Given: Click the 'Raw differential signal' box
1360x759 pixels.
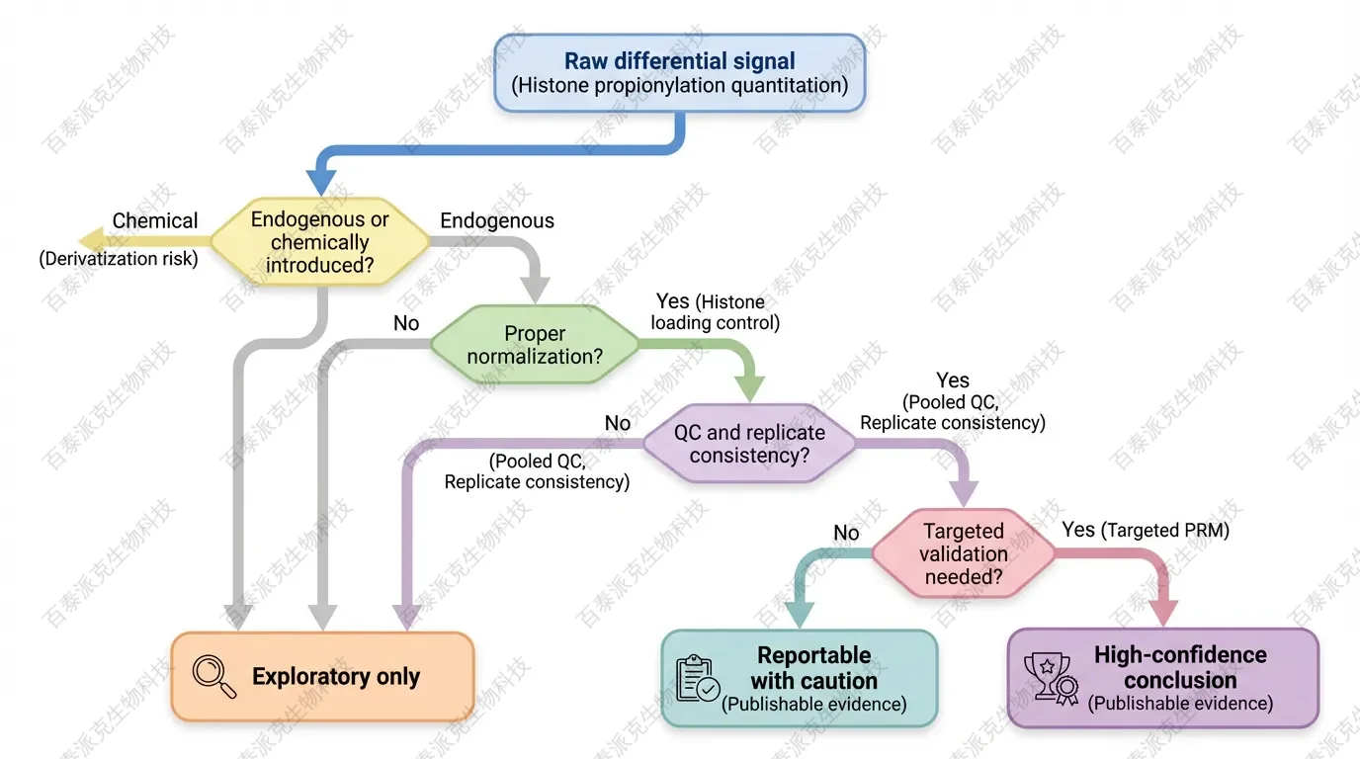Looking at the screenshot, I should (x=679, y=72).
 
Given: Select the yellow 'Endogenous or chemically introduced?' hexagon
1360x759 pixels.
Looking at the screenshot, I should (x=319, y=242).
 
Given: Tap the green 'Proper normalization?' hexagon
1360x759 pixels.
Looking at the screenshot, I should (x=535, y=344).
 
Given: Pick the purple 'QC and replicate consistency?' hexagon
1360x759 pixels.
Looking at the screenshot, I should (x=749, y=444).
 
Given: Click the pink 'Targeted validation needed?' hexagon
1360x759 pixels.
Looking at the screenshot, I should (x=964, y=553).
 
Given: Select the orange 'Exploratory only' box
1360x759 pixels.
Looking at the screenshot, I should (x=322, y=677).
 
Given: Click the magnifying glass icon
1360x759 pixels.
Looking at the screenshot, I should (x=214, y=677).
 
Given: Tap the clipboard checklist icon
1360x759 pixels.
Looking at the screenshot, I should (x=698, y=679).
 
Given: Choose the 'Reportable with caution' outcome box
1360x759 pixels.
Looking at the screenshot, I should (x=799, y=679).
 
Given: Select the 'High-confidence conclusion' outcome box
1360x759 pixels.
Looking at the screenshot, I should (x=1162, y=679).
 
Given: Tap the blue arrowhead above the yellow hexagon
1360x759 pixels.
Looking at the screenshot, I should (x=321, y=183).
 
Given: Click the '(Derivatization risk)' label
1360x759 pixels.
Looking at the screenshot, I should (x=119, y=259).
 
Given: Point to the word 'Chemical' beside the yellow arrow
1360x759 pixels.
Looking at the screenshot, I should (x=155, y=220).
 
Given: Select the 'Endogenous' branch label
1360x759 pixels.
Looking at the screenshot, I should (x=497, y=220).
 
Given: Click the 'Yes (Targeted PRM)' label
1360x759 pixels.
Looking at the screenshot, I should (x=1146, y=531).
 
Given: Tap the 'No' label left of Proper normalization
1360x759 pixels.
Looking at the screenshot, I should (x=406, y=323).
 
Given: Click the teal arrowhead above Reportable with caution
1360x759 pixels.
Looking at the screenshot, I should (x=798, y=615).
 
